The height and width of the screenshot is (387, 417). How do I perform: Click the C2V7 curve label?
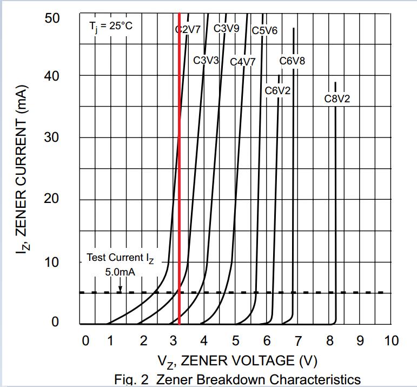(x=188, y=30)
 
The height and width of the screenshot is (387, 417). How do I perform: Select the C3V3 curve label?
(x=206, y=60)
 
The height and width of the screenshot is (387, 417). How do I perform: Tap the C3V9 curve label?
(x=227, y=28)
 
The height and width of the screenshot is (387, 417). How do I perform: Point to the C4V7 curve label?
(x=243, y=62)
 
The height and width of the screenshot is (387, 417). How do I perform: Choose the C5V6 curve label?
(x=265, y=30)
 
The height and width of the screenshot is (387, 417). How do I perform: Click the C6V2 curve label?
(x=277, y=90)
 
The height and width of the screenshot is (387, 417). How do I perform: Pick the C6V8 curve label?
(x=292, y=61)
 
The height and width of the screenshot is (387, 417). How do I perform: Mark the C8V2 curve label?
(x=337, y=99)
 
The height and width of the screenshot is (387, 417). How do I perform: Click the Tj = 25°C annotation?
(x=110, y=25)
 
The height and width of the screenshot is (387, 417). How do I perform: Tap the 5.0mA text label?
(x=120, y=272)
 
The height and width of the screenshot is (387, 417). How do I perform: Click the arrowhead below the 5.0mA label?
(x=120, y=289)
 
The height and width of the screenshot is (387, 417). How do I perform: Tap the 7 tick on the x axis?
(x=299, y=341)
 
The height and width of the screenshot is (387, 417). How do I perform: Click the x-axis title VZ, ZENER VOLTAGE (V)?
(x=237, y=360)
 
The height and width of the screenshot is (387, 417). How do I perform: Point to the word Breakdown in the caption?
(x=230, y=379)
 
